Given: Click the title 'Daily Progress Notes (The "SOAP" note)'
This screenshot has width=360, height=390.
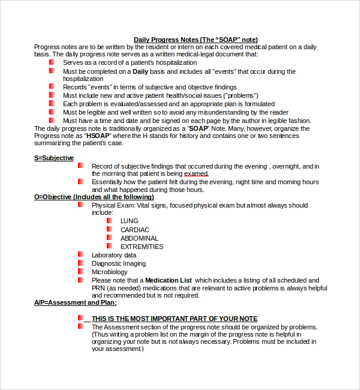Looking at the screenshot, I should (196, 40).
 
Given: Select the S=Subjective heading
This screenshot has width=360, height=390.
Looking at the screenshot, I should (54, 158).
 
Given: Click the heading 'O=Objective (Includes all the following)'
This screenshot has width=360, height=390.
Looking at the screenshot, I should (94, 197).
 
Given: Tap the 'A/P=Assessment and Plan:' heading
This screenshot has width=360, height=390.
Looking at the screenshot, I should (75, 302).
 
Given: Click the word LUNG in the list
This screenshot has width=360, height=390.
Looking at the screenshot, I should (129, 221).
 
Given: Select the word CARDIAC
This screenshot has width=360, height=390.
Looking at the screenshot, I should (135, 230).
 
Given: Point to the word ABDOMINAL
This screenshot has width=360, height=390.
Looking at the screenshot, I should (139, 238).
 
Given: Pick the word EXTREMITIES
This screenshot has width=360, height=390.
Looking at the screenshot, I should (142, 247).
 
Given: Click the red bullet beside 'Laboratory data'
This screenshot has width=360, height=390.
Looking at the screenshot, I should (80, 254).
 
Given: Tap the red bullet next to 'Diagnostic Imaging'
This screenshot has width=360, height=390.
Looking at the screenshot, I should (80, 263).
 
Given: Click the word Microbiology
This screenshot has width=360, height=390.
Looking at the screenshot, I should (109, 272).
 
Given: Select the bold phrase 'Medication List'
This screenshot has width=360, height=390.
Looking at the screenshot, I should (169, 280).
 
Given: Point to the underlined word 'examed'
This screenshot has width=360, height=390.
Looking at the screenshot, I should (196, 174).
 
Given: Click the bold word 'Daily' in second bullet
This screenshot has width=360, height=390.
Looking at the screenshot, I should (140, 71).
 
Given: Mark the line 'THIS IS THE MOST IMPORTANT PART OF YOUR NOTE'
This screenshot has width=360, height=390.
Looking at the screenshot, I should (174, 319).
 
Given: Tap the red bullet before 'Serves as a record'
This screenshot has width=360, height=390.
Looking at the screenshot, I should (52, 62).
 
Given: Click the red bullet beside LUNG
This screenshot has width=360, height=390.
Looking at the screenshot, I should (110, 221).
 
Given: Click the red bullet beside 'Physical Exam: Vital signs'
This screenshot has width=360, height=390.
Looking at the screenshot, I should (80, 205).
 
